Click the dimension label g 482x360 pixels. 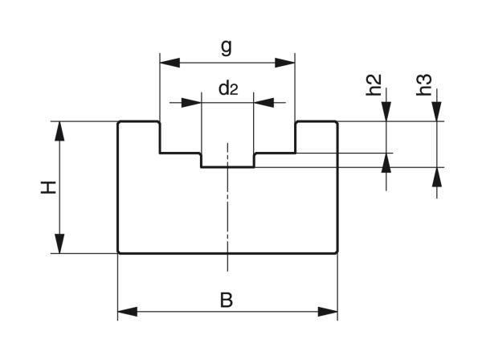click(x=227, y=47)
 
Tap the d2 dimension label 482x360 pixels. click(x=228, y=88)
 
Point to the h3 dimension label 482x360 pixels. click(x=426, y=85)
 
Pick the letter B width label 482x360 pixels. click(x=227, y=301)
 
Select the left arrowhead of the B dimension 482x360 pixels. click(x=127, y=311)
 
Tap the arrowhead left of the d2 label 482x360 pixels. click(x=193, y=102)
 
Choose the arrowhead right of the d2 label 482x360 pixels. click(x=263, y=102)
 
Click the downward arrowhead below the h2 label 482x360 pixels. click(x=387, y=113)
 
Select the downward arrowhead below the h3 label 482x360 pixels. click(x=438, y=113)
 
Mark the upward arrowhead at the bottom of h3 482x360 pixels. click(x=438, y=176)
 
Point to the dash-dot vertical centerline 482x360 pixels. click(x=228, y=209)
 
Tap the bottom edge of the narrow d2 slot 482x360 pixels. click(x=228, y=167)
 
